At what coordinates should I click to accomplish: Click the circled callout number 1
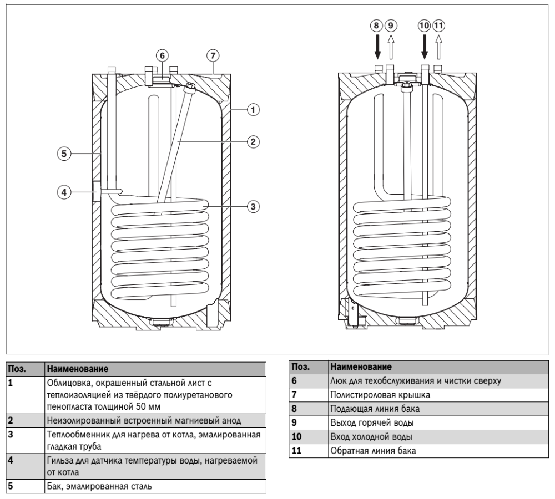[253, 110]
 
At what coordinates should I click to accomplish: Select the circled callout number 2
[253, 141]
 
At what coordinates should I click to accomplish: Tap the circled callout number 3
[253, 206]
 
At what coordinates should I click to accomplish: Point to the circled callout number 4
[65, 192]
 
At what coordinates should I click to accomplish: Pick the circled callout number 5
[65, 154]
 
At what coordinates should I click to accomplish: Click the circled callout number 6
[162, 55]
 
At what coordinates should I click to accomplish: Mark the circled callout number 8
[377, 26]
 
